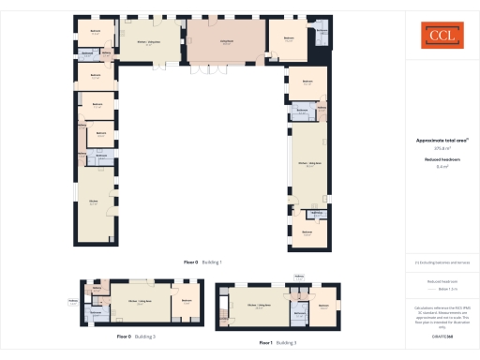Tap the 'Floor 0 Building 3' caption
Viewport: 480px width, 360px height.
136,336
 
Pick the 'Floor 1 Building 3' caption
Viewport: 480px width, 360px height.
278,343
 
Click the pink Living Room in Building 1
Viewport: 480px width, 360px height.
226,42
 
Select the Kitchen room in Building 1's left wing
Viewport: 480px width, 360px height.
94,203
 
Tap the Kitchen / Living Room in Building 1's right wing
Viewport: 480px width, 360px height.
310,165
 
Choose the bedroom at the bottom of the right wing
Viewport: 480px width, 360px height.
307,233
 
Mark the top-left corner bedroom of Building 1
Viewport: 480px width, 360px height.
95,31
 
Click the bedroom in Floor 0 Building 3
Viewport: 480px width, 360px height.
187,302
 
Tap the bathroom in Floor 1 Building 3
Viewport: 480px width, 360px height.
298,314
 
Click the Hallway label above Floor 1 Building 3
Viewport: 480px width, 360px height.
299,276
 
